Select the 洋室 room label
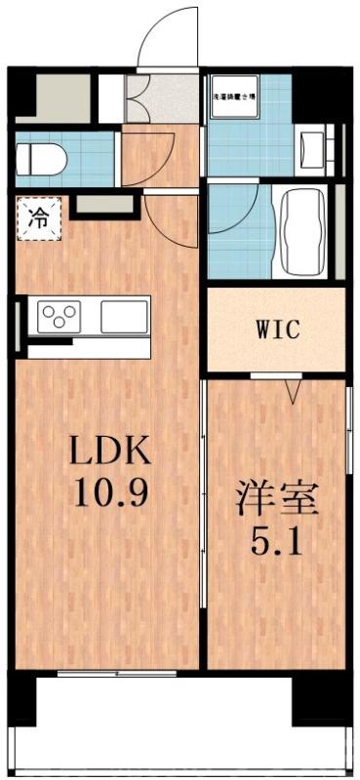[x=277, y=500]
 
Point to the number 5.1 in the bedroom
[x=277, y=539]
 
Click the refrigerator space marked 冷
[x=38, y=215]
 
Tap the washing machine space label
[x=235, y=97]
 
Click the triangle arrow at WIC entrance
[x=291, y=393]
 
